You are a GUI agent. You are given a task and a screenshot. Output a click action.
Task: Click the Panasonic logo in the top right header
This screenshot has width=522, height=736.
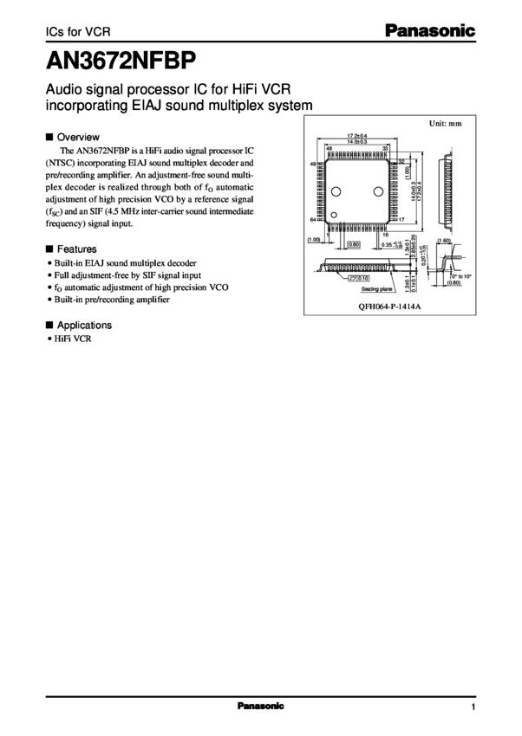click(430, 32)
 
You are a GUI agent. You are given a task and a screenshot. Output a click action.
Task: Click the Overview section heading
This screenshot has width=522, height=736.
click(78, 137)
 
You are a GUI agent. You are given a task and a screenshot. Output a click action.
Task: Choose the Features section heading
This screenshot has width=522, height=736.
click(77, 247)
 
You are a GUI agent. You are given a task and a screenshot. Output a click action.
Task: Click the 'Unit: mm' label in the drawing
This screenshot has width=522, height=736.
click(443, 124)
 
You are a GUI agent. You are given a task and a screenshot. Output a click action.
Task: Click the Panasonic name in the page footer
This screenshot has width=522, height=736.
click(260, 707)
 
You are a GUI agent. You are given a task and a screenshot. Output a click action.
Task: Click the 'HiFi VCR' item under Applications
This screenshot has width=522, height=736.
click(71, 339)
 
